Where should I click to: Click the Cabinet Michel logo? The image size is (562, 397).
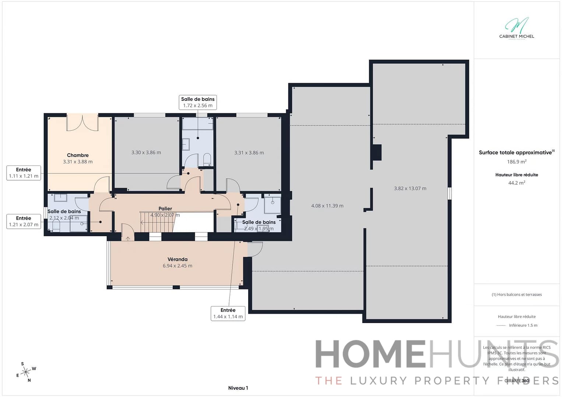(x=516, y=28)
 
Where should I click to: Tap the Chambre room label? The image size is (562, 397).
(x=78, y=155)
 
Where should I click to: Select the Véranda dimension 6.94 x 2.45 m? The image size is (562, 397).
(x=178, y=266)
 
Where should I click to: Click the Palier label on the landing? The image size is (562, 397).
(x=165, y=209)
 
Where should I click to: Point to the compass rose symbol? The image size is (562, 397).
(x=26, y=372)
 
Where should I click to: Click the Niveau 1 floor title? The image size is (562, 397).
(x=238, y=388)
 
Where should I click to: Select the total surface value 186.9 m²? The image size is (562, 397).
(x=516, y=162)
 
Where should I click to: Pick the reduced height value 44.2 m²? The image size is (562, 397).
(x=516, y=183)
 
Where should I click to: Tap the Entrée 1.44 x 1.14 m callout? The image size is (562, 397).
(x=228, y=313)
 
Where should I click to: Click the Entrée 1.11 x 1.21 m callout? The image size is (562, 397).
(x=24, y=173)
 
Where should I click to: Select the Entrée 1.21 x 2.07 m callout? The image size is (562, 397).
(x=24, y=221)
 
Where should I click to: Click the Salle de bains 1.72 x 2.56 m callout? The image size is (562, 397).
(x=198, y=102)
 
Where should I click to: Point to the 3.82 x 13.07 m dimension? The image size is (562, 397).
(x=410, y=188)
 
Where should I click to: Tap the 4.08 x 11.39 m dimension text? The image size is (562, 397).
(x=327, y=206)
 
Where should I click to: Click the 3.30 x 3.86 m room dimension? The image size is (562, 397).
(x=146, y=152)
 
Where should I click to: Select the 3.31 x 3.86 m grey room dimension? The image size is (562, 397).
(x=249, y=153)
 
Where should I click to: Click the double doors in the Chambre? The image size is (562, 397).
(x=82, y=123)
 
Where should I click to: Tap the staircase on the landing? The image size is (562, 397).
(x=157, y=222)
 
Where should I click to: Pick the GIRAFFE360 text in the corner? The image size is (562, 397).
(x=517, y=380)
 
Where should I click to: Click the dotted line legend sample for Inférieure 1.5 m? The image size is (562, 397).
(x=501, y=325)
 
